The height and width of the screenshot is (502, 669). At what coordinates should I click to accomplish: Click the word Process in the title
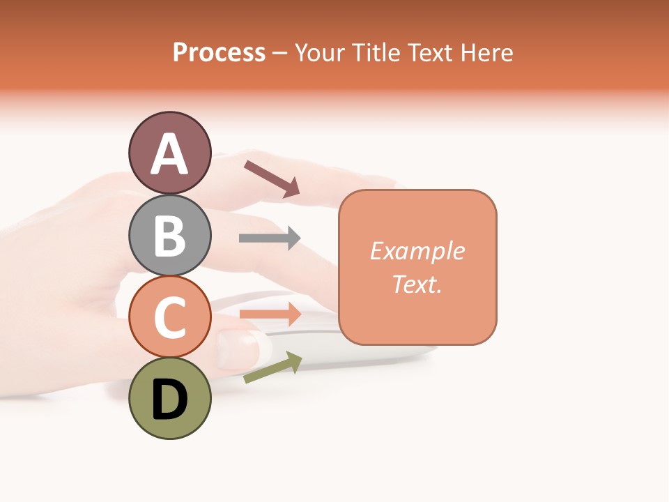[219, 52]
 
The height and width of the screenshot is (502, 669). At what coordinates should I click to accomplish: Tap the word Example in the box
[417, 251]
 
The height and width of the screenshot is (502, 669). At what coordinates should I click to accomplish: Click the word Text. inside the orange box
[417, 284]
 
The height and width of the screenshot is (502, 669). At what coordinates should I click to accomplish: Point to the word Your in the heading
[320, 52]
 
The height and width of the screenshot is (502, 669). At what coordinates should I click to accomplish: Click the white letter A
[169, 155]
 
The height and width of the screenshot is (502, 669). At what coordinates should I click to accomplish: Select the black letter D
[169, 400]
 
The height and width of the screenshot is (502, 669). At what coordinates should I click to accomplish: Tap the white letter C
[169, 317]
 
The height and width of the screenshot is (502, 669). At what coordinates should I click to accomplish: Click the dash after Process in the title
[280, 53]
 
